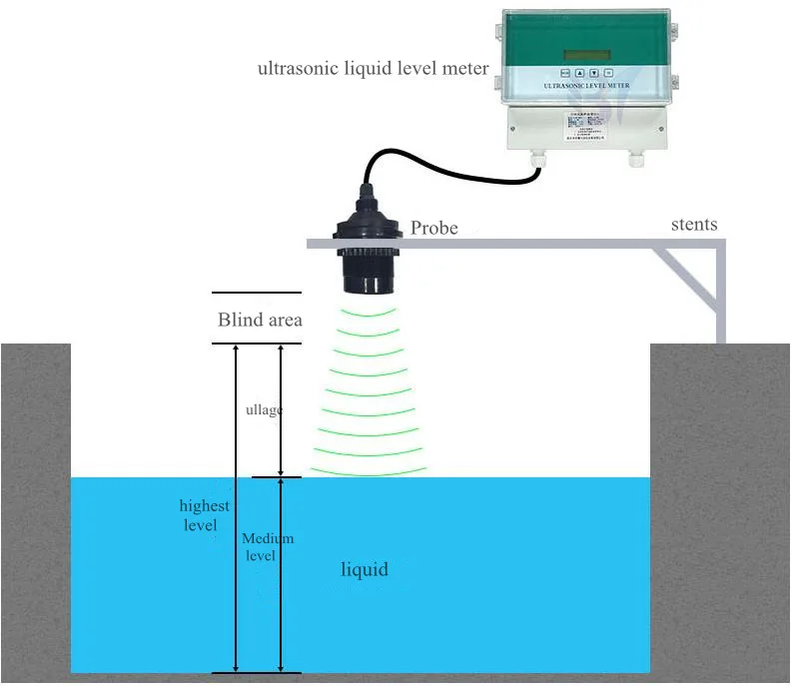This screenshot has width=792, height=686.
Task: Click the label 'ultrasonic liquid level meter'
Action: pyautogui.click(x=374, y=69)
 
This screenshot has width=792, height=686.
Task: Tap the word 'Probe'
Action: pyautogui.click(x=434, y=229)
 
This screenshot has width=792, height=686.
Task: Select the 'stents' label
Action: pyautogui.click(x=693, y=225)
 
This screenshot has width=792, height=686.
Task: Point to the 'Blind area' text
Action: pyautogui.click(x=260, y=321)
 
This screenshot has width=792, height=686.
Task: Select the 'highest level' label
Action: pyautogui.click(x=204, y=515)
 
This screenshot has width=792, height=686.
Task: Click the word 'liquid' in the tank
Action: pyautogui.click(x=365, y=570)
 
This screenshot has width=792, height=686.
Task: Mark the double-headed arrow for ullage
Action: pyautogui.click(x=281, y=410)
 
